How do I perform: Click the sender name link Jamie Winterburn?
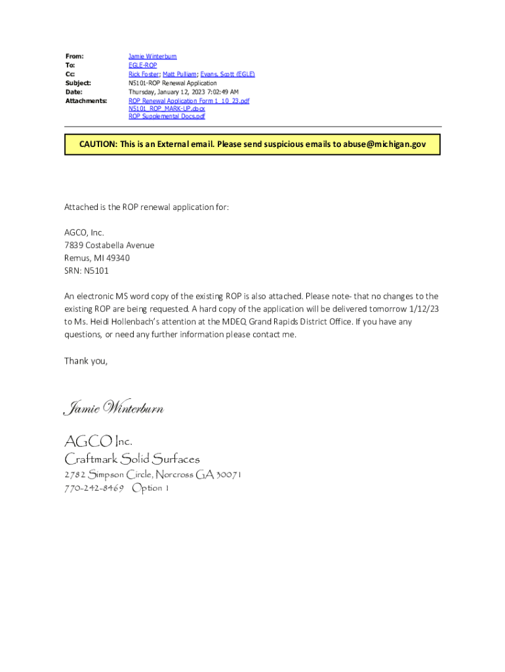click(152, 57)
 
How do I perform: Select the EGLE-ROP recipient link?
click(142, 66)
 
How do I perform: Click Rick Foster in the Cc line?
click(144, 75)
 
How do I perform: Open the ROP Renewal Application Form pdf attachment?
click(188, 101)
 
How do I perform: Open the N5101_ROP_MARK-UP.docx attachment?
click(167, 109)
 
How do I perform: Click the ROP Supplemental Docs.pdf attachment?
click(167, 117)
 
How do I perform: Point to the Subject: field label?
click(78, 83)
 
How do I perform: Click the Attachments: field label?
click(86, 101)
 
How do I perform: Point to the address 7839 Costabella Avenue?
click(109, 245)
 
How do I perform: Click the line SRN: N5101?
click(86, 270)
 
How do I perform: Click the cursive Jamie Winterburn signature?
click(113, 409)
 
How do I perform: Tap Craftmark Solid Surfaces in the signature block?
click(131, 459)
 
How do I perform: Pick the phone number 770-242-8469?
click(94, 488)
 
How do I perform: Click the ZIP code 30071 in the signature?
click(228, 474)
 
